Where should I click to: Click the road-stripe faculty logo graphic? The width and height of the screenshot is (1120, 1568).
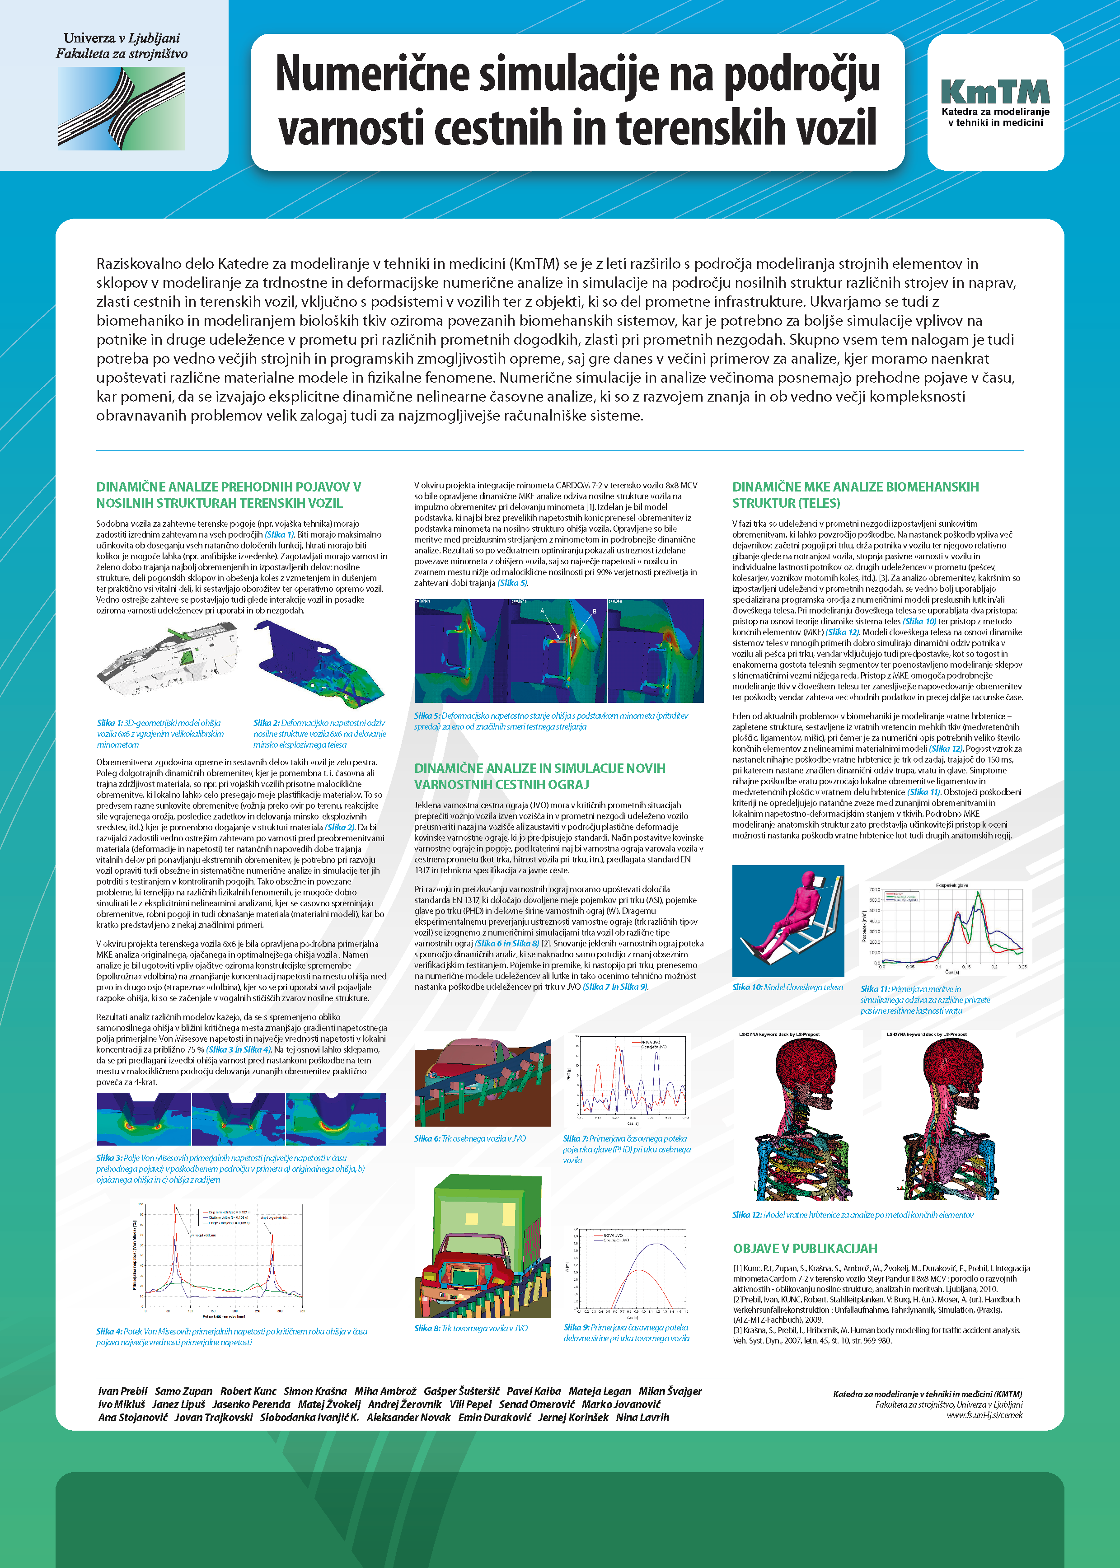coord(122,109)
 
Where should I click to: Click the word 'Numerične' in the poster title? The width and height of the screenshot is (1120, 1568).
coord(372,74)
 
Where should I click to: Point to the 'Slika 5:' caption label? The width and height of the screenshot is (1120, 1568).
coord(427,716)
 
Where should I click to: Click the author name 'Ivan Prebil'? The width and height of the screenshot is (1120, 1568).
coord(123,1391)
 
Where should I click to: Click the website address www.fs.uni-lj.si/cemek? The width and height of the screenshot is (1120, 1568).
coord(984,1415)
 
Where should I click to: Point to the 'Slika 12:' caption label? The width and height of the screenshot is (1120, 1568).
coord(747,1215)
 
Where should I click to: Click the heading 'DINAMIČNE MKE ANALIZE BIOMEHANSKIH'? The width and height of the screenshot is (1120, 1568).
coord(855,487)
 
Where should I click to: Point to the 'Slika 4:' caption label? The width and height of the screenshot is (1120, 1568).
coord(109,1331)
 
